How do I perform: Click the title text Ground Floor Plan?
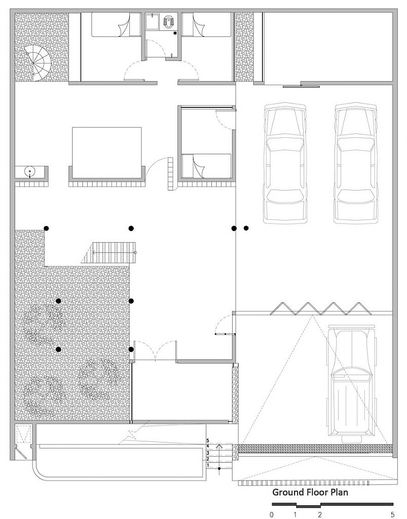[x=310, y=492]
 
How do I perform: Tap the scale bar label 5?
[x=393, y=514]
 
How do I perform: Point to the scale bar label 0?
[x=272, y=514]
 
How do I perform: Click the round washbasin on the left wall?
[x=30, y=172]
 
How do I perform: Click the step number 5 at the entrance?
[x=208, y=440]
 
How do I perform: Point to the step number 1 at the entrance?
[x=208, y=464]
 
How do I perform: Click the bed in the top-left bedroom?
[x=110, y=25]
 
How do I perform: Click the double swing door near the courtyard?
[x=154, y=352]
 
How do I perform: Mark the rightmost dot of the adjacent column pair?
[x=246, y=228]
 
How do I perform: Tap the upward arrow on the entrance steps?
[x=219, y=449]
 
